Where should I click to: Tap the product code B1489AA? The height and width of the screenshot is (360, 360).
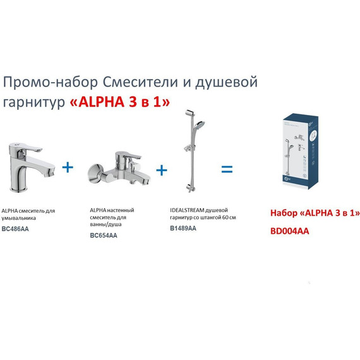coord(183,228)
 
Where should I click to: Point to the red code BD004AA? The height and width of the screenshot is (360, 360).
coord(290,231)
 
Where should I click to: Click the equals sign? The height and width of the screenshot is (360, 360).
coord(226,169)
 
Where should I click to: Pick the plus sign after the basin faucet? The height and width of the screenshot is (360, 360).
coord(68,167)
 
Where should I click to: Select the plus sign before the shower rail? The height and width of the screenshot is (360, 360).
coord(162,169)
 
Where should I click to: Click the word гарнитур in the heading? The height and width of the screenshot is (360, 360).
coord(33,103)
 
